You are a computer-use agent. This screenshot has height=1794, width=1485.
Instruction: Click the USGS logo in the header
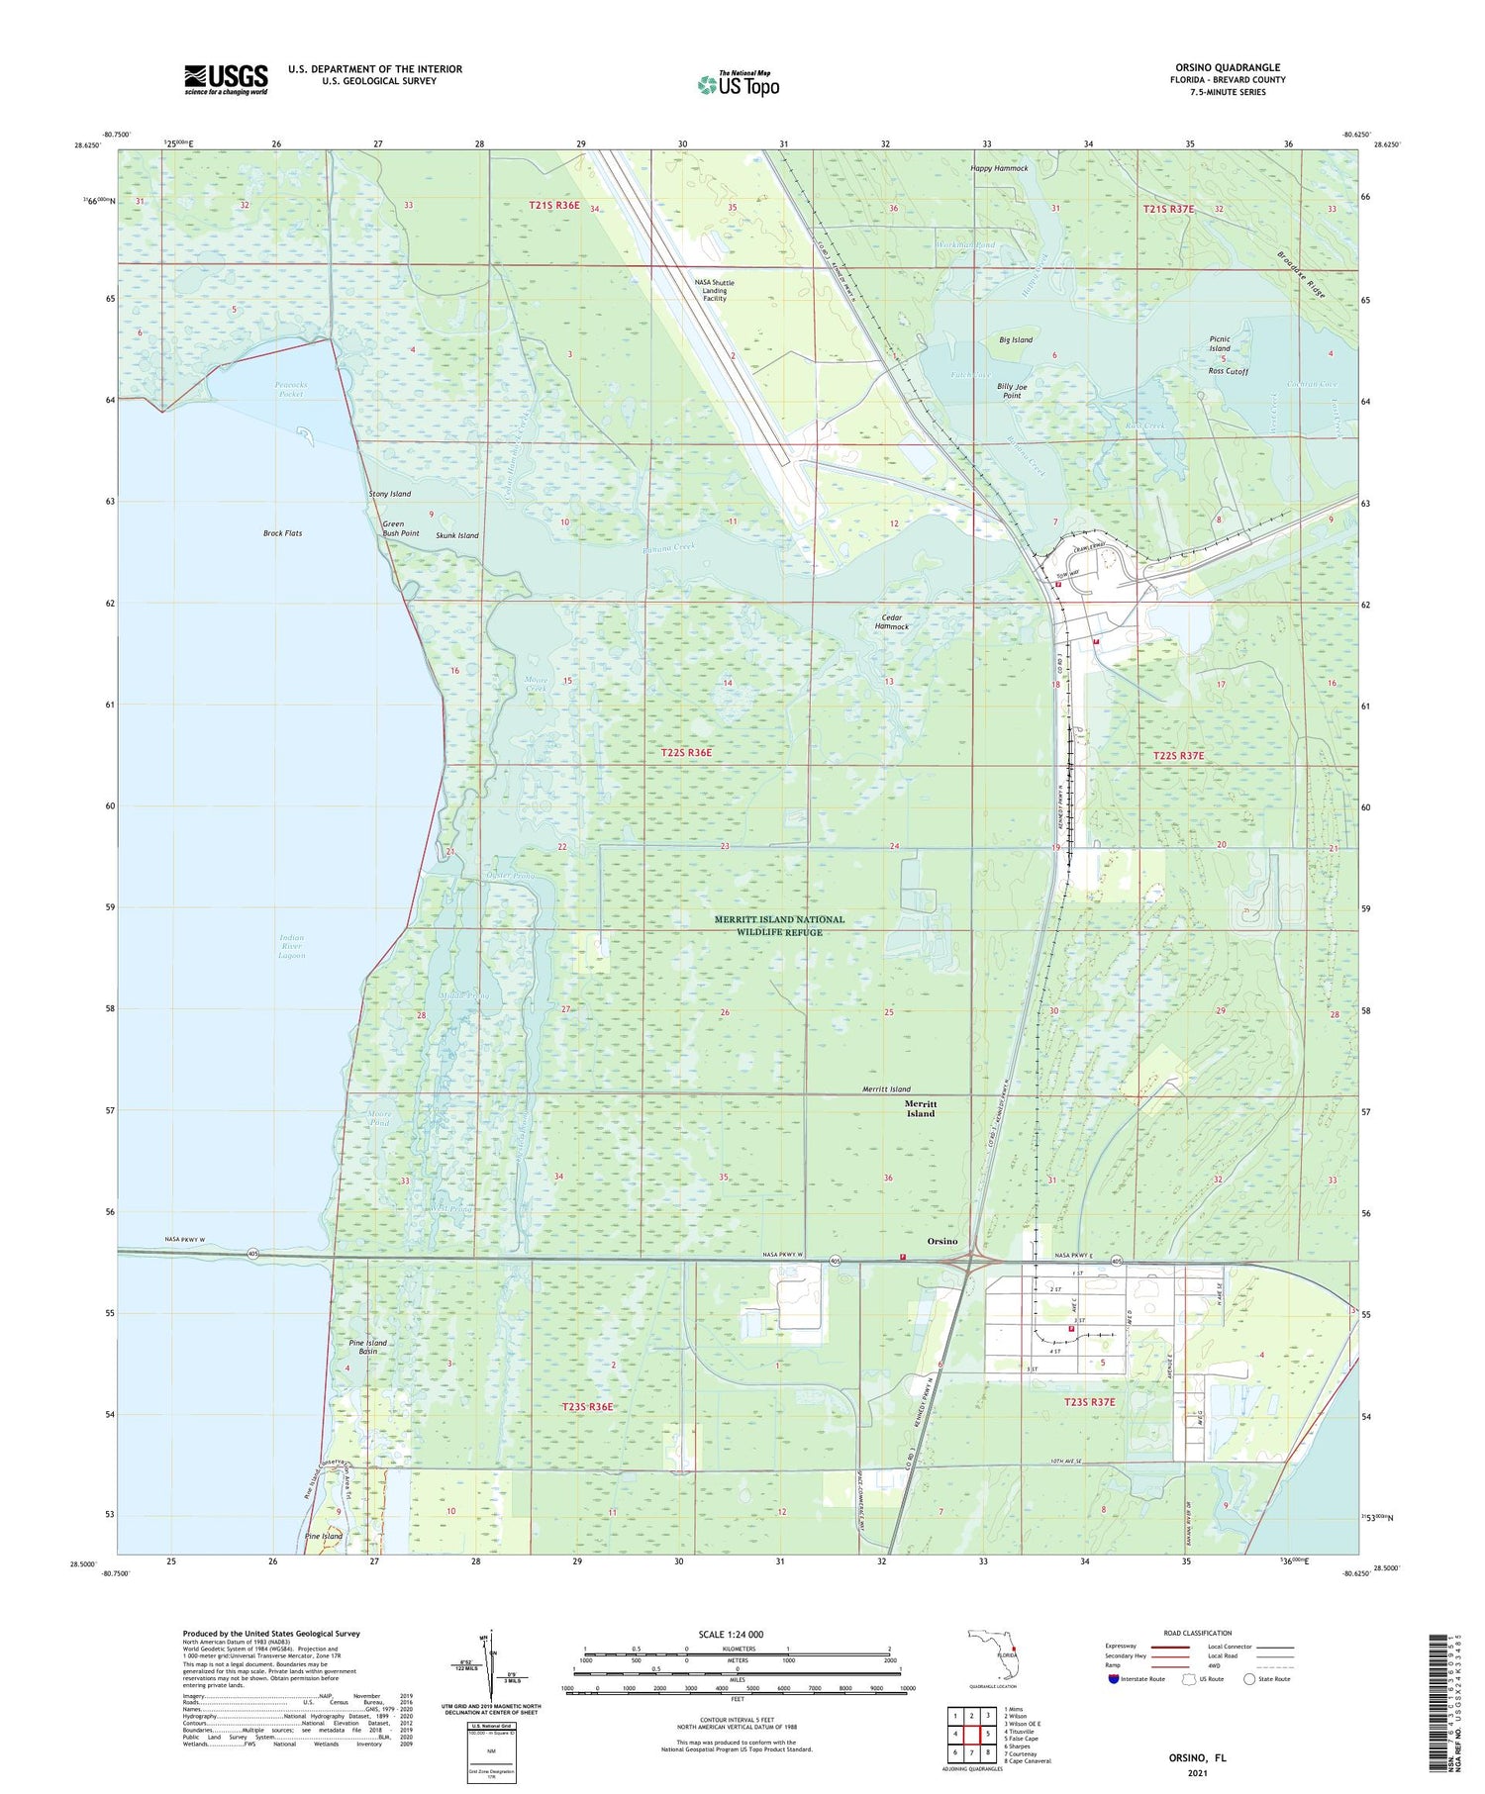coord(226,79)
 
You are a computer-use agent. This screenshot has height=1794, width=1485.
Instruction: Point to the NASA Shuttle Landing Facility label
coord(714,290)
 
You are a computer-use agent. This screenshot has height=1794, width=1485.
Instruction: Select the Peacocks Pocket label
coord(290,389)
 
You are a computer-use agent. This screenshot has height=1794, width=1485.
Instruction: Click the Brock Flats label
coord(282,533)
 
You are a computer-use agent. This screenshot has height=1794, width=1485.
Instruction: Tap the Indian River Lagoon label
coord(291,946)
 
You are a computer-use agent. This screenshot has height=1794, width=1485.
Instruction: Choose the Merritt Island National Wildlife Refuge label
coord(780,925)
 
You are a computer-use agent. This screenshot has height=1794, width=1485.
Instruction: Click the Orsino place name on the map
coord(941,1241)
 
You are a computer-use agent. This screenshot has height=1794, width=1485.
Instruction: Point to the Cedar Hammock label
coord(892,621)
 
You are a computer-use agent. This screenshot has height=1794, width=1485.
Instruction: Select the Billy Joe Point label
coord(1011,391)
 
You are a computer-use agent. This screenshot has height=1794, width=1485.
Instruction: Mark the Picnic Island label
coord(1220,343)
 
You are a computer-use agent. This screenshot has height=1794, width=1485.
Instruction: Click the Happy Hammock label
coord(999,168)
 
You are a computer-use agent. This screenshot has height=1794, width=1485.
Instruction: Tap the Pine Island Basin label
coord(368,1347)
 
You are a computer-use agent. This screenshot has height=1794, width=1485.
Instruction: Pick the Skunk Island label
coord(456,535)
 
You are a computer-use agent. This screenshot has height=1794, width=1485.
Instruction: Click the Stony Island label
coord(389,494)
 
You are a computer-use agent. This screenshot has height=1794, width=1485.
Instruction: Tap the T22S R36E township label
coord(686,753)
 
